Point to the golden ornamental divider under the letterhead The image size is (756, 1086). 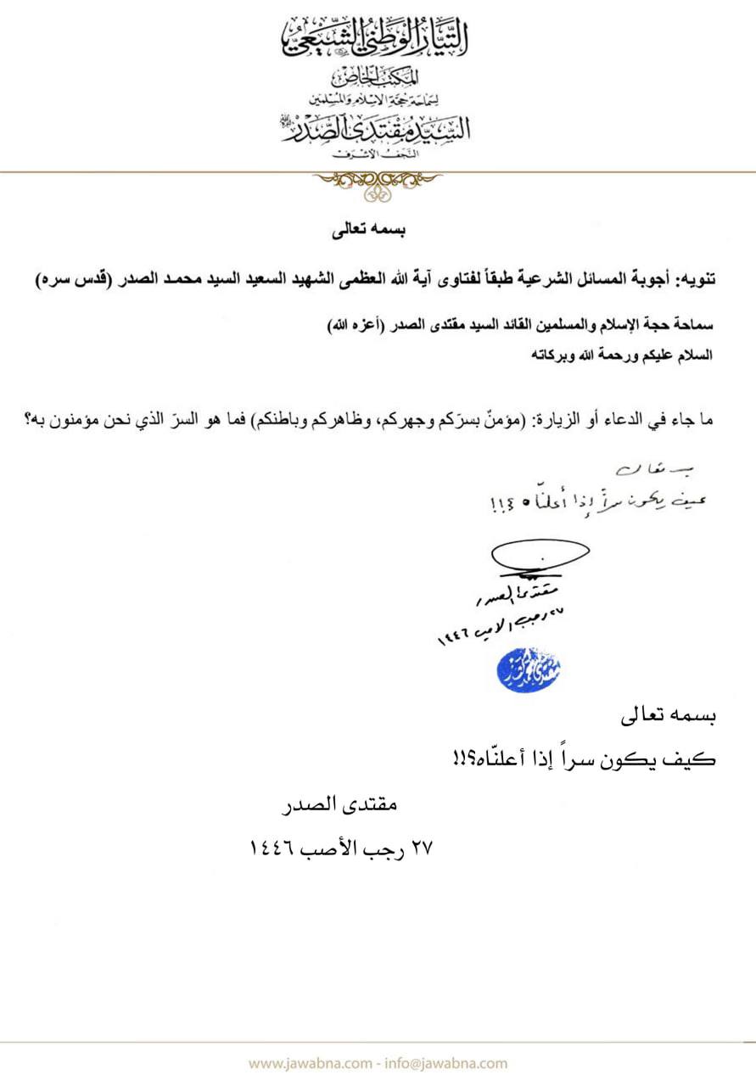pyautogui.click(x=378, y=180)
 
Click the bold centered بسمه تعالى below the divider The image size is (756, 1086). pyautogui.click(x=378, y=229)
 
